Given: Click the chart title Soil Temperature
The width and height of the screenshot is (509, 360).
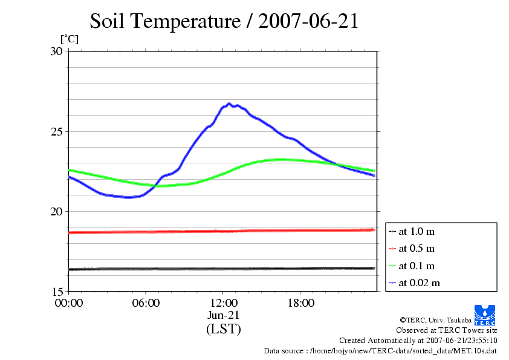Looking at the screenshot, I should tap(224, 21).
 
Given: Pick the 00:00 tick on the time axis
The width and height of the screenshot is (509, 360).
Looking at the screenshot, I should tap(68, 303).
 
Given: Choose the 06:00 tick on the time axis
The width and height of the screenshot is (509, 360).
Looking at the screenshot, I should tap(146, 303).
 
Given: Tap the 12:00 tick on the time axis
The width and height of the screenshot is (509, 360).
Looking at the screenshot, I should tap(223, 303).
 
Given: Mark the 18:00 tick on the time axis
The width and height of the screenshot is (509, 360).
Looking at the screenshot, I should tap(300, 303).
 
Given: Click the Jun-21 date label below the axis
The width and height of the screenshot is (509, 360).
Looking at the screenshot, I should tap(224, 315).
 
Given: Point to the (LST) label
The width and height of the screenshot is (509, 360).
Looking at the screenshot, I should tap(224, 329).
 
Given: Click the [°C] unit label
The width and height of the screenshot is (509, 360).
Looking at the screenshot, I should tap(69, 39).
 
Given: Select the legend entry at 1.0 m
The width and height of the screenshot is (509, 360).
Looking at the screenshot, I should tap(417, 231).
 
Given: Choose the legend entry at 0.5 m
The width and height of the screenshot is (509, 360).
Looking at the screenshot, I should tap(417, 248).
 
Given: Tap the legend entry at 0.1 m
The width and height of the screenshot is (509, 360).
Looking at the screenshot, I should tap(417, 266).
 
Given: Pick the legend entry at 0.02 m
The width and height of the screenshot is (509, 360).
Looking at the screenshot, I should tap(419, 283).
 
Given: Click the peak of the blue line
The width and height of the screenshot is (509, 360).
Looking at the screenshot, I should tap(229, 103).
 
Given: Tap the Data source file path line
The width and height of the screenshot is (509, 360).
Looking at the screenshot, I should tap(380, 350).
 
